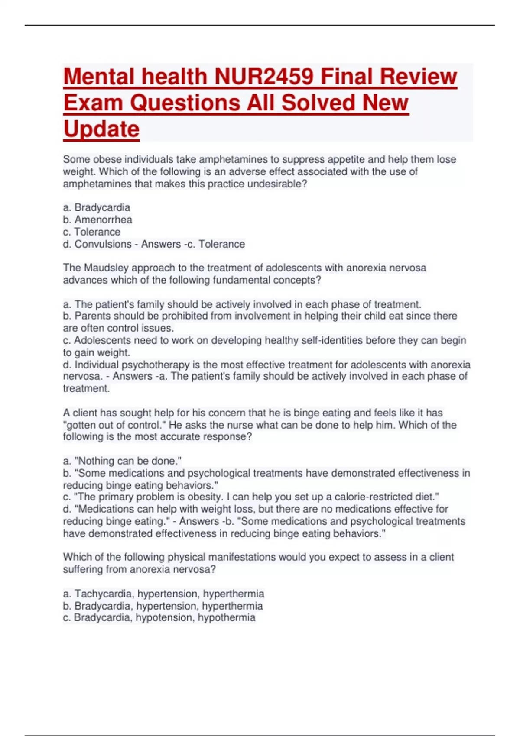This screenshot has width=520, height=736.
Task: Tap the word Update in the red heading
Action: click(101, 129)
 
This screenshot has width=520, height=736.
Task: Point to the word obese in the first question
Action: click(107, 159)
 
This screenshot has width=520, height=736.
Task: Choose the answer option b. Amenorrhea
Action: click(97, 220)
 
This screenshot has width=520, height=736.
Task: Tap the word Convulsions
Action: click(103, 244)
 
